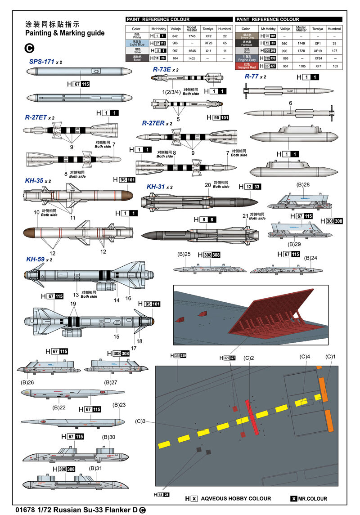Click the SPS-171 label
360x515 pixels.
[42, 61]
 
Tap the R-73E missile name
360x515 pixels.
[162, 70]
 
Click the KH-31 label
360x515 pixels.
[156, 187]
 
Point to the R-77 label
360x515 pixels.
[252, 76]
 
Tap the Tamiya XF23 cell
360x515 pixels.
[209, 42]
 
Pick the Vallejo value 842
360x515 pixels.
[175, 36]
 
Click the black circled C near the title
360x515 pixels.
[29, 47]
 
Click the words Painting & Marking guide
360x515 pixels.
[65, 33]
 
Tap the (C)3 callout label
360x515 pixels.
[140, 421]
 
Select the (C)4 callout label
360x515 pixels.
[305, 357]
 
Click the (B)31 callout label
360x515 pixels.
[95, 468]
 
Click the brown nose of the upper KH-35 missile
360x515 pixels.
[127, 196]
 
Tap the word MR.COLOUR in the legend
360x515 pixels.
[312, 498]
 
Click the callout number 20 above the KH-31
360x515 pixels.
[207, 185]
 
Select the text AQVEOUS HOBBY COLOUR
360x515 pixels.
[236, 498]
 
